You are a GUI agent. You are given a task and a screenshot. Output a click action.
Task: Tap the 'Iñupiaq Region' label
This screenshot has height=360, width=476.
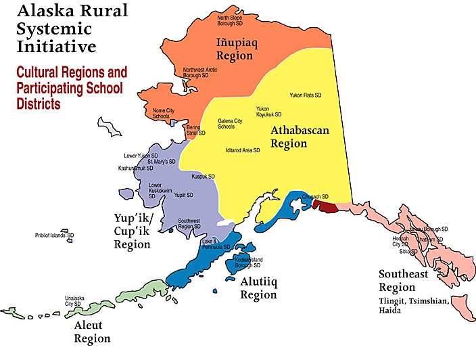point(235,49)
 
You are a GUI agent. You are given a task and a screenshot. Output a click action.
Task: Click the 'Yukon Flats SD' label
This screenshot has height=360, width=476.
point(305,95)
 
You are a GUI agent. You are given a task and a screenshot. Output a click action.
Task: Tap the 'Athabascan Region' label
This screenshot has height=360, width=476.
point(300,137)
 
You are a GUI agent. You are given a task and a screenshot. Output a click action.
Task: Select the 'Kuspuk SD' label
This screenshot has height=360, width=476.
point(203,176)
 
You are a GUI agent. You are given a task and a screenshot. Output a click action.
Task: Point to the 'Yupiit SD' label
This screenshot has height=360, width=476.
point(184,195)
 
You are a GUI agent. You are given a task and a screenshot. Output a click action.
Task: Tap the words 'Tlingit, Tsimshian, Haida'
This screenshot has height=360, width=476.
point(413,306)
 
